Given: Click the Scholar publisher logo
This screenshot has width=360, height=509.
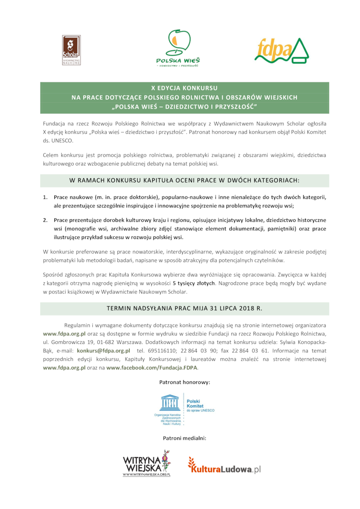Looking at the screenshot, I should (71, 50).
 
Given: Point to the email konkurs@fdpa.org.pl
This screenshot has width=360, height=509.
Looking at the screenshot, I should (103, 350).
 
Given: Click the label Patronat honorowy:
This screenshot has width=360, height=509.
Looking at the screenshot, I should (184, 382).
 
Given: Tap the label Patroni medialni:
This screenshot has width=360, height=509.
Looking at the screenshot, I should (184, 437).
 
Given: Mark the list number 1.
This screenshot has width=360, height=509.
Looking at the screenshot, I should (45, 198).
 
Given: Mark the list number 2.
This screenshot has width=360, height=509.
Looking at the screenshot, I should (45, 220).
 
